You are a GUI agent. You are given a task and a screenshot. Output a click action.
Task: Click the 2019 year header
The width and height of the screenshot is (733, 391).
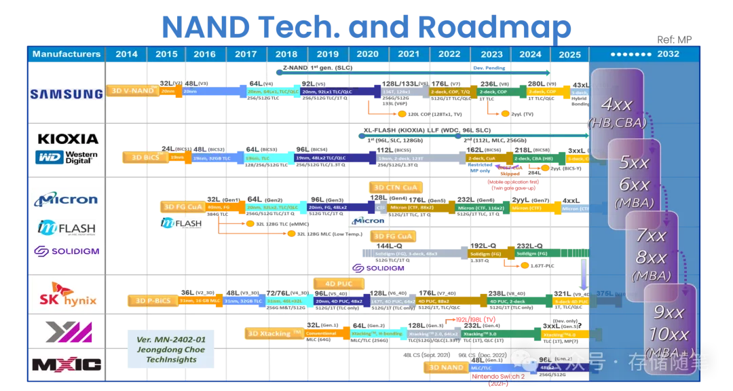pos(328,54)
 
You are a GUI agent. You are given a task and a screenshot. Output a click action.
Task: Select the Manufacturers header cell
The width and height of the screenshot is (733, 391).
pos(67,54)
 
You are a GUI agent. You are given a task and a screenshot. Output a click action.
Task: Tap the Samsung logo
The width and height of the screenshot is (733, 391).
pos(67,94)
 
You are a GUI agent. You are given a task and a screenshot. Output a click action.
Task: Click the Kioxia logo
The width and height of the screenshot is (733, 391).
pos(68,138)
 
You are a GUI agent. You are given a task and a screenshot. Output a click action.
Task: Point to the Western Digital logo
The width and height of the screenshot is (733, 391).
pos(68,157)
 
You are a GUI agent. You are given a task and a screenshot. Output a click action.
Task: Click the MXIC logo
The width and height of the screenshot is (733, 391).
pos(67,365)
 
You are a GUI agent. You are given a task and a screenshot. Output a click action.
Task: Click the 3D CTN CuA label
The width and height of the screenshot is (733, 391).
pos(396,187)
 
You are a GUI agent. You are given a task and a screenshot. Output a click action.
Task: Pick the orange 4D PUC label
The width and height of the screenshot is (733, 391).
pos(338,283)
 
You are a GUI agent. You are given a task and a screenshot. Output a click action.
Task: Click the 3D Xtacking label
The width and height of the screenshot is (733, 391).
pos(269,333)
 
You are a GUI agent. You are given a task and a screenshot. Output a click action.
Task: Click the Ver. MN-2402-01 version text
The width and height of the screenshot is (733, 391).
pos(171,339)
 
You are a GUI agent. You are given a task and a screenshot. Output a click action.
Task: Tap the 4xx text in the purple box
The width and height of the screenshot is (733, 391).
pos(617,105)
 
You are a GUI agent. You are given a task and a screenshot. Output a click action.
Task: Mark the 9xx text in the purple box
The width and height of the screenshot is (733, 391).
pos(669,312)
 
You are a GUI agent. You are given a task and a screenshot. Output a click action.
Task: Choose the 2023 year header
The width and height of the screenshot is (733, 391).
pos(491,54)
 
